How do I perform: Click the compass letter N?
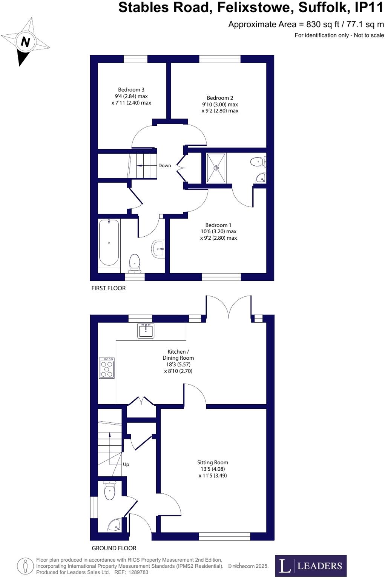coord(25,42)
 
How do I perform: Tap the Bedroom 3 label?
coord(131,90)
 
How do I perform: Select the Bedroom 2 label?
coord(220,98)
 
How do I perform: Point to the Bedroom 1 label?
coord(218,225)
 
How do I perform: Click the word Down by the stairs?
coord(164,166)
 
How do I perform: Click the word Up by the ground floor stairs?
coord(126,464)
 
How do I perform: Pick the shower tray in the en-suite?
coord(216,168)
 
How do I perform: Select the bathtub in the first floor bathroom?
coord(109,243)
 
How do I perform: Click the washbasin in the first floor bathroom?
coord(158,249)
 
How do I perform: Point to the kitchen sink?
coord(146,331)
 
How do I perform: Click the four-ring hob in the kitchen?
coord(107,368)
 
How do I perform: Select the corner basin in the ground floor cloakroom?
coord(114,525)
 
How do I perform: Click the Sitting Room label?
coord(213,462)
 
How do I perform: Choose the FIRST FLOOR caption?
coord(109,288)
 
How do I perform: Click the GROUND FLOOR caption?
coord(114,548)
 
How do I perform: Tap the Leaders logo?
coord(311,566)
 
